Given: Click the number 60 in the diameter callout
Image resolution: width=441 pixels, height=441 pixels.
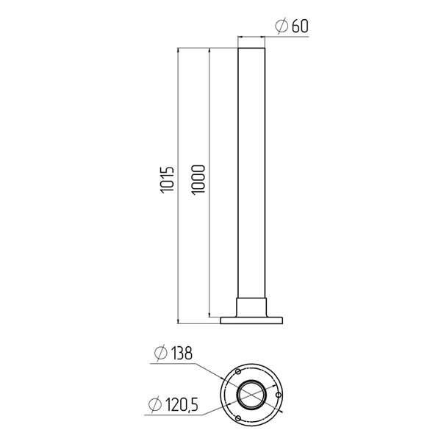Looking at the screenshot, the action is [300, 26].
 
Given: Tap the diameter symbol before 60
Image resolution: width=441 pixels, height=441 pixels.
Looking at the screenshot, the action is [282, 26].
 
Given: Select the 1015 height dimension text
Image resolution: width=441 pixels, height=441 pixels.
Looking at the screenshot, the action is [168, 180].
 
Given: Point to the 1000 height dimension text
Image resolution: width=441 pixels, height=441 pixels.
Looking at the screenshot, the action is [198, 179].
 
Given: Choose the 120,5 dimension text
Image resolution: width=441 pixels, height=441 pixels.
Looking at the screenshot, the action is [182, 405].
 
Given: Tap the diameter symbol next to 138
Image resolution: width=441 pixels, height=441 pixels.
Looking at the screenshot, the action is [161, 354].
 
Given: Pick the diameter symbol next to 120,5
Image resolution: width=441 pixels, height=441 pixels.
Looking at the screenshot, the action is [155, 404].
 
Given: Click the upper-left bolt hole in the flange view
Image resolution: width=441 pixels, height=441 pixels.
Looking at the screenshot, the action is [238, 372].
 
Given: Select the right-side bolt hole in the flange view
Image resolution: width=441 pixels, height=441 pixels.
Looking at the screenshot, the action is [279, 395].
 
